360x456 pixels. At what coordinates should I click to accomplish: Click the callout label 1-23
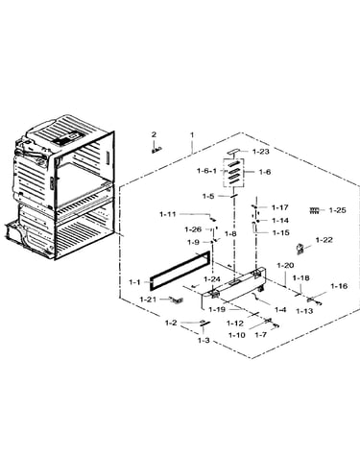(x=261, y=152)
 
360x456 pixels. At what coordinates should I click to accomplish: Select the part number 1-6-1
(x=206, y=171)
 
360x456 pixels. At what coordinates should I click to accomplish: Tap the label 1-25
(x=338, y=210)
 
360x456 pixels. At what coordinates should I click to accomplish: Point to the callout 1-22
(x=324, y=240)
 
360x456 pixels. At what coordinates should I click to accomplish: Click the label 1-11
(x=168, y=214)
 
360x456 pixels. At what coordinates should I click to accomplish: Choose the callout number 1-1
(x=134, y=282)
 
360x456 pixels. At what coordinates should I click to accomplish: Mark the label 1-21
(x=148, y=300)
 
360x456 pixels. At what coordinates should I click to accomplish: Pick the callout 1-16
(x=339, y=286)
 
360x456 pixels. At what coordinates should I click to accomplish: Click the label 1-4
(x=280, y=309)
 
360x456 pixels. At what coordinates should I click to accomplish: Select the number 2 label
(x=154, y=134)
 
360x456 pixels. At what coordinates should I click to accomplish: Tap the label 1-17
(x=280, y=207)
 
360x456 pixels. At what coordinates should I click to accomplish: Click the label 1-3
(x=204, y=340)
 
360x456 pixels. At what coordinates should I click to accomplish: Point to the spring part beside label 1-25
(x=314, y=210)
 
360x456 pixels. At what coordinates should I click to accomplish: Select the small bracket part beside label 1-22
(x=300, y=250)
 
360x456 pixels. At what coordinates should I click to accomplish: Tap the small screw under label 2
(x=156, y=150)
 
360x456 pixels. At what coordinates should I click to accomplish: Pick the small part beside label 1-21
(x=178, y=300)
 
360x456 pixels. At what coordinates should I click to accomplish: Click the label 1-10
(x=237, y=335)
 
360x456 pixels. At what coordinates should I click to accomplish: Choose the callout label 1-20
(x=285, y=265)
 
